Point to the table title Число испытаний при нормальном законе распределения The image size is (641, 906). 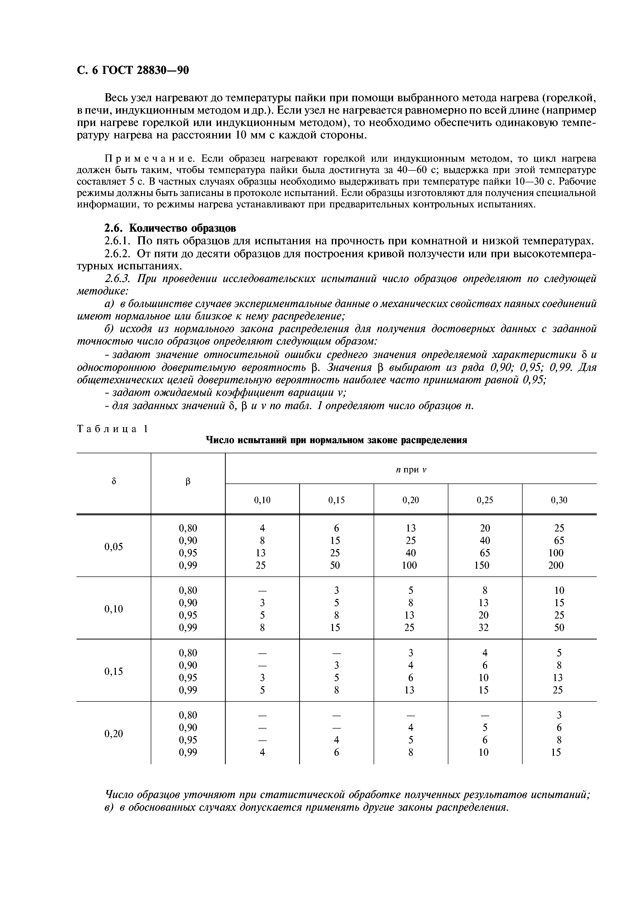[336, 440]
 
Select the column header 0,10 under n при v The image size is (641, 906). [262, 500]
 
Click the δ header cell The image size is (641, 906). [114, 481]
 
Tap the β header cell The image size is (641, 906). [188, 481]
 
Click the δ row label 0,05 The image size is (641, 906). [114, 546]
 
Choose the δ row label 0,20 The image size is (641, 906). [114, 733]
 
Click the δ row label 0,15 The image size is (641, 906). [114, 671]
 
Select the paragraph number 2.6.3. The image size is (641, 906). [117, 279]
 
